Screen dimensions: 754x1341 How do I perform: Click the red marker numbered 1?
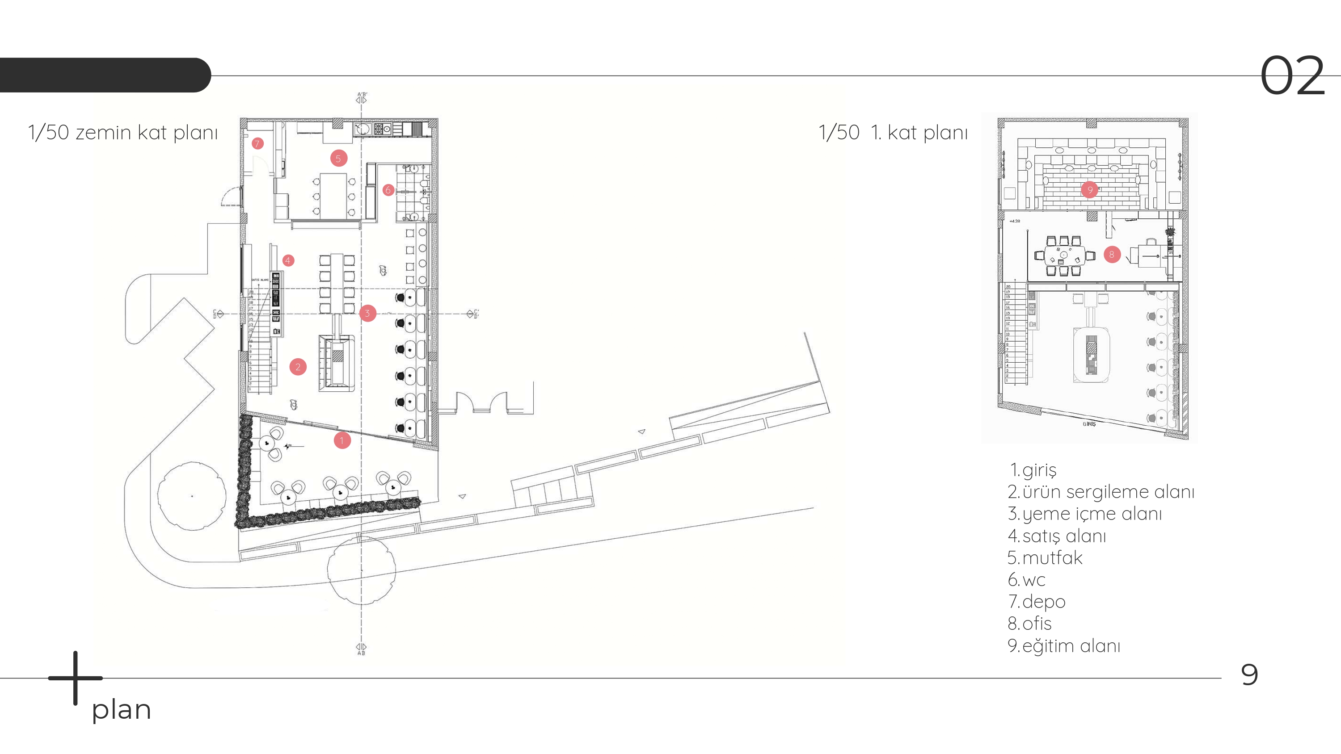[342, 441]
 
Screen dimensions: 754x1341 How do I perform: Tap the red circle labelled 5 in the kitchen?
[338, 158]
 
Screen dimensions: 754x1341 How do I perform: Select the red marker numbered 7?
[257, 144]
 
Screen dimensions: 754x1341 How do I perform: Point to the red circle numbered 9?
[1090, 189]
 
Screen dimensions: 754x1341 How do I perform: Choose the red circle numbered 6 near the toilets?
[388, 190]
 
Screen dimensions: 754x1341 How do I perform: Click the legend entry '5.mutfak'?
[1045, 558]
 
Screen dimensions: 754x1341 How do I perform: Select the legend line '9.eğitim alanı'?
[1064, 646]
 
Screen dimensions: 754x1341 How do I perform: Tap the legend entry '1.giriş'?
[1033, 470]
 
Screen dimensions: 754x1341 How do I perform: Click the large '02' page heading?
[1292, 76]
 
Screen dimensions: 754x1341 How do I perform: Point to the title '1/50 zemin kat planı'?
[123, 133]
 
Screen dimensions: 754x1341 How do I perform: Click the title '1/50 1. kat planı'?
[893, 133]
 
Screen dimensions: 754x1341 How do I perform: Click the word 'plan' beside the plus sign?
[121, 709]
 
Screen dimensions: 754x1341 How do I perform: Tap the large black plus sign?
[76, 678]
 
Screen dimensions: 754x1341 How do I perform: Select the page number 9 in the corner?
[1249, 674]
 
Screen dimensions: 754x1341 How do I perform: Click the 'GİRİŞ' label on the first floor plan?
[1089, 424]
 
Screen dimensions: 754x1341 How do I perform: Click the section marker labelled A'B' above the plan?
[362, 97]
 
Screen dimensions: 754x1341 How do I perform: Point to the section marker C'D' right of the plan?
[472, 314]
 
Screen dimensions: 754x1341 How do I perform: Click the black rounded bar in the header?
[104, 75]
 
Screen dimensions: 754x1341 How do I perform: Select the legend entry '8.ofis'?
[1030, 624]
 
